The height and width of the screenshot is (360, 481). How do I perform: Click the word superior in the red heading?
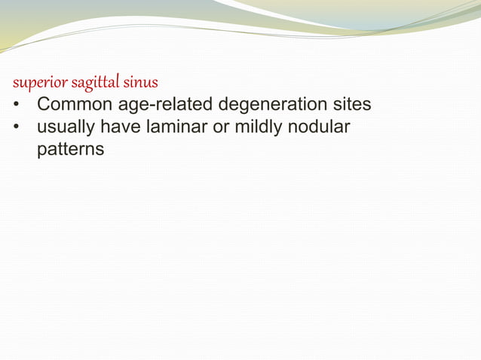35,81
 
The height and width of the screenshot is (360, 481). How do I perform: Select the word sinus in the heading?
141,81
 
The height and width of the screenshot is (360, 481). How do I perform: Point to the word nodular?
322,127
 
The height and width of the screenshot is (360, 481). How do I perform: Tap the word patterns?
70,150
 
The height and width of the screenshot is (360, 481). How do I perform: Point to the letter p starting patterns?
41,151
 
